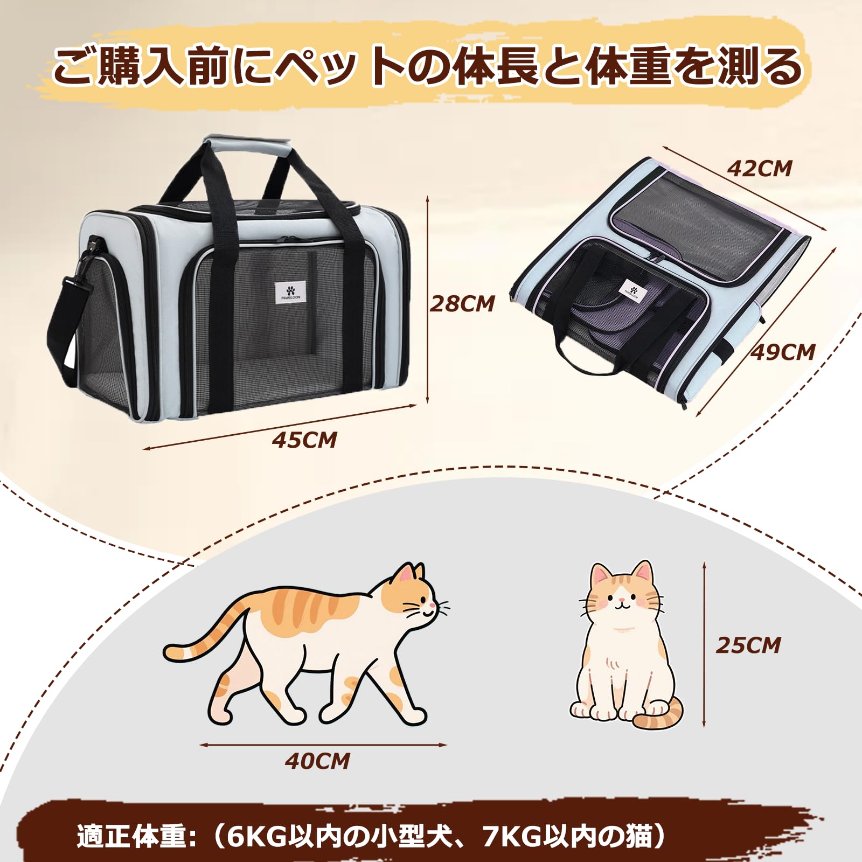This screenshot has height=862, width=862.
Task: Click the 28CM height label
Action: (462, 304)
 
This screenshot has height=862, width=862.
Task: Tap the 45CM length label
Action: (304, 440)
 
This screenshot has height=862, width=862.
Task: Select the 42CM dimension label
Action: (760, 169)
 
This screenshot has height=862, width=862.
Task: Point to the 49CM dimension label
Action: (783, 352)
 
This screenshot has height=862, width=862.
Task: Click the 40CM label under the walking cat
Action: (317, 761)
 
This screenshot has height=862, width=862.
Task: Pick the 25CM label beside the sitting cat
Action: (748, 645)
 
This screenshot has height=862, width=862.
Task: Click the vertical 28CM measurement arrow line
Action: (427, 300)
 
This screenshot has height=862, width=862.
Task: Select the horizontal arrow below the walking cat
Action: (323, 745)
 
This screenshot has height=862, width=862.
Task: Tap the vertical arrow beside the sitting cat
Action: (704, 644)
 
